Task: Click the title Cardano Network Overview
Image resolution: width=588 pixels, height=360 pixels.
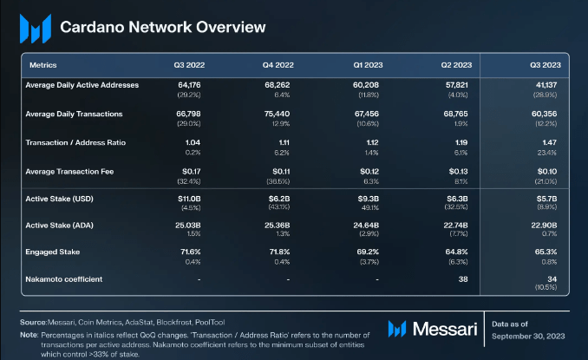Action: [163, 27]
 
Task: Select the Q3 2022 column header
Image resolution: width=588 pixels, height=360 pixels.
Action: [189, 64]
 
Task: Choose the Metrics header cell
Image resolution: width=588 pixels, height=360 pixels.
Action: [43, 64]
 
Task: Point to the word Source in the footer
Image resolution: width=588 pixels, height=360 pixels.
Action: [33, 322]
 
